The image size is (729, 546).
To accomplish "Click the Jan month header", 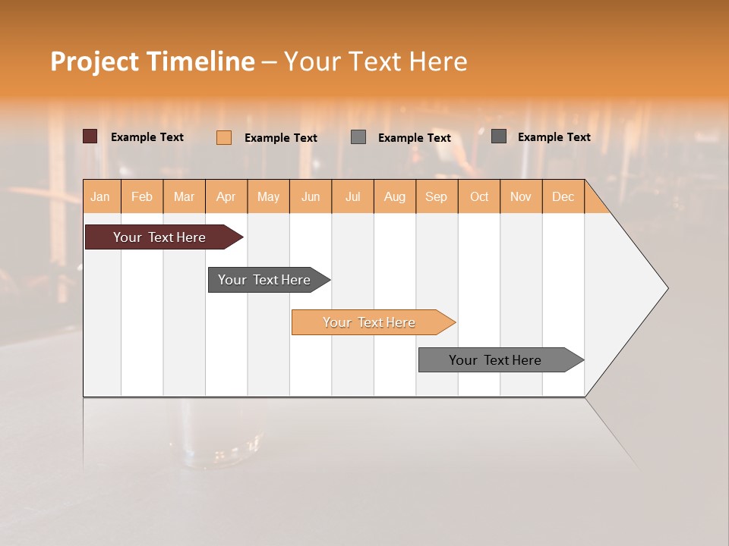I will tap(100, 197).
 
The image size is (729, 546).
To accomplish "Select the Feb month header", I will tap(142, 197).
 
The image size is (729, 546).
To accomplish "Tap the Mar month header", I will tap(184, 197).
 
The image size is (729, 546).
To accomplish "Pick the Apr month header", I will tap(226, 197).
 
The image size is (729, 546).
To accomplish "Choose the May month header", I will tap(268, 197).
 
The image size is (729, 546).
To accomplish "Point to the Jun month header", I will tap(311, 197).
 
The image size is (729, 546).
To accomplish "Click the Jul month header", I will tap(352, 197).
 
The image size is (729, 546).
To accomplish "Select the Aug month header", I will tap(395, 197).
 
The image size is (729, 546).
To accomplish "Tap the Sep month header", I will tap(437, 197).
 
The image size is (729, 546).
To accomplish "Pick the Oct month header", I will tap(479, 197).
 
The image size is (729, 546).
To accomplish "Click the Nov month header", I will tap(521, 197).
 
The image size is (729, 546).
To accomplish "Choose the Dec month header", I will tap(563, 197).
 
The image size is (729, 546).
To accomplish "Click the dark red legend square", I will tap(90, 136).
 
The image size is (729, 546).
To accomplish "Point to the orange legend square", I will tap(224, 137).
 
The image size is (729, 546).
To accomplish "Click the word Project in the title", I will tap(95, 61).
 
